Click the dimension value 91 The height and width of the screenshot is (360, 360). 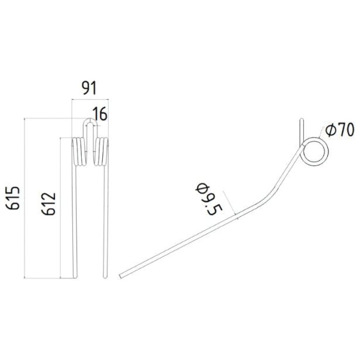pyautogui.click(x=88, y=88)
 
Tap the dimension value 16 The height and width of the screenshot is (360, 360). pyautogui.click(x=100, y=114)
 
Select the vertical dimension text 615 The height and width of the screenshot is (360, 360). pyautogui.click(x=14, y=198)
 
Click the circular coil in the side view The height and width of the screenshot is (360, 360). pyautogui.click(x=313, y=152)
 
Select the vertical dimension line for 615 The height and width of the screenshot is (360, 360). pyautogui.click(x=24, y=198)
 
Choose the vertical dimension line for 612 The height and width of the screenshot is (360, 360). pyautogui.click(x=60, y=205)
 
